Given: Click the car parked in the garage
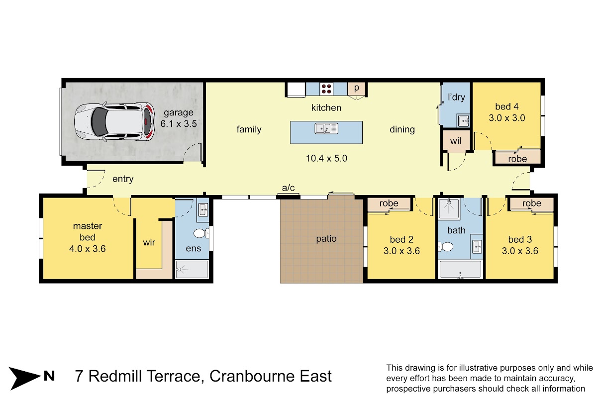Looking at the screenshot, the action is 114,122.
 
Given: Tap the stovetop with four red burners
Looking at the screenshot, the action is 326,89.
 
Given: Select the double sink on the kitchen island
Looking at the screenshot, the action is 326,128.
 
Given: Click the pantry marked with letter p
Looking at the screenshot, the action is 357,89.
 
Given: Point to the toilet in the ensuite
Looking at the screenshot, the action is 201,233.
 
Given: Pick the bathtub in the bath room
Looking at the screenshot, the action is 460,270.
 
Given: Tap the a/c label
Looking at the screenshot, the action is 288,188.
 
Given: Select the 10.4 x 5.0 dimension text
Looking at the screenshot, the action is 326,158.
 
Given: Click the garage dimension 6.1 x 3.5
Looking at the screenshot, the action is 179,124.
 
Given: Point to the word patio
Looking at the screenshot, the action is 326,239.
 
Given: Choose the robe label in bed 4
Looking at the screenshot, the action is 517,159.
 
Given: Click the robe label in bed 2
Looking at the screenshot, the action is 389,203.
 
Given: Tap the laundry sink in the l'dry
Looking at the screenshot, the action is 464,121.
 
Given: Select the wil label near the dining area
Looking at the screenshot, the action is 456,141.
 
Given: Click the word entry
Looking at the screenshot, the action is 123,179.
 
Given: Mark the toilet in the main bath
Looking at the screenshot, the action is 446,247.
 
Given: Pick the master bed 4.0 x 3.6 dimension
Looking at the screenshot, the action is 88,249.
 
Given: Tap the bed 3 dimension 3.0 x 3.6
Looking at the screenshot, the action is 520,251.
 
